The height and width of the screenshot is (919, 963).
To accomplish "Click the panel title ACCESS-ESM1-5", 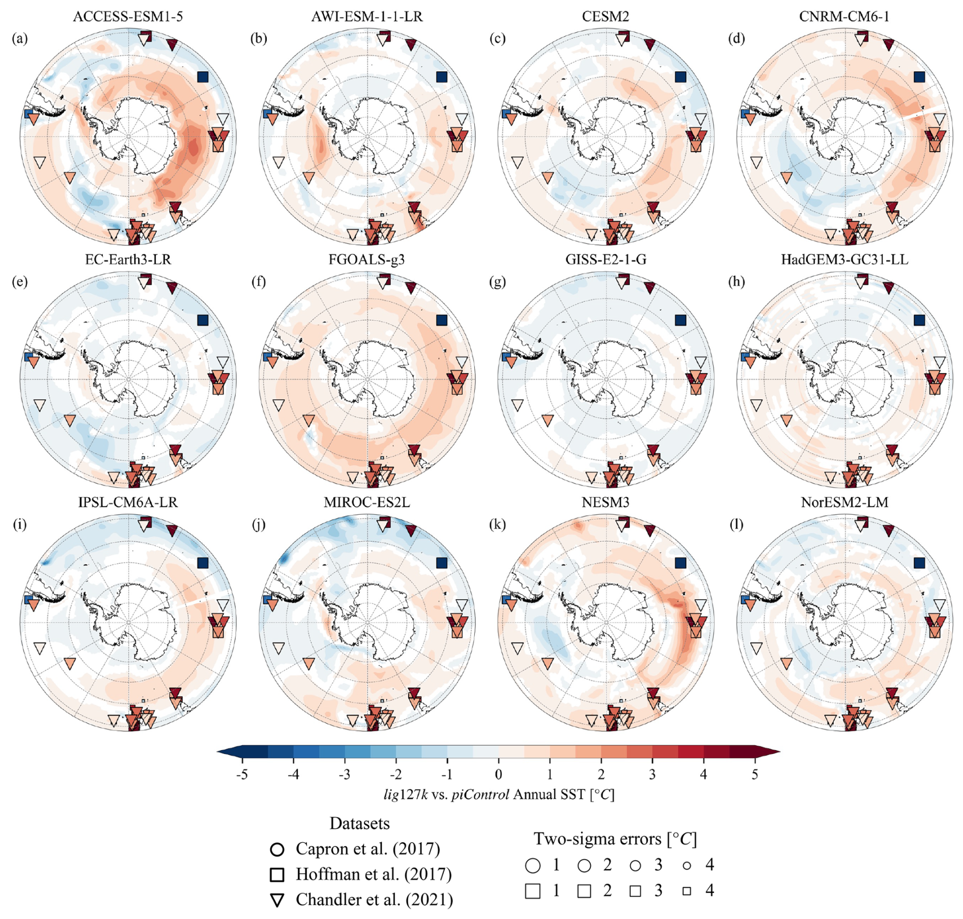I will [x=128, y=16].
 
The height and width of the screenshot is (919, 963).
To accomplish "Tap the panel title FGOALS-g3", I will [x=366, y=260].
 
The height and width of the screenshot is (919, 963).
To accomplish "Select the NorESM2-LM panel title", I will [x=844, y=503].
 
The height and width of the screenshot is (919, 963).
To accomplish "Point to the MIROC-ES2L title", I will [x=366, y=503].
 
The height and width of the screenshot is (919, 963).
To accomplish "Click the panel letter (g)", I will [x=498, y=282].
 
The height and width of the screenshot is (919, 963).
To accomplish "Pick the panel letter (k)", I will [x=498, y=524].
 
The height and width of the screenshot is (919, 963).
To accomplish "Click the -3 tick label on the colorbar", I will [x=344, y=774].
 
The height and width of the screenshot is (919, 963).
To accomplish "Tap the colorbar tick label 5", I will [x=754, y=774].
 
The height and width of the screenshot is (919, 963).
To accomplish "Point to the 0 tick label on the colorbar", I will [x=498, y=774].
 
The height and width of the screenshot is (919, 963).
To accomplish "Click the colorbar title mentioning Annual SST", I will [x=499, y=795].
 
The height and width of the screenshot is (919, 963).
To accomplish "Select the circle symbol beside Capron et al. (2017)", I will [x=277, y=849].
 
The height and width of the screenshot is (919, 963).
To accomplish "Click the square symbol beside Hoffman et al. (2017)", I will [x=277, y=875].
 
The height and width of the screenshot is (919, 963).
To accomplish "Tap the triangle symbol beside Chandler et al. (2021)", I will [x=277, y=900].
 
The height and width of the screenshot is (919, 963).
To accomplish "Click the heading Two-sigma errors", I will [x=615, y=839].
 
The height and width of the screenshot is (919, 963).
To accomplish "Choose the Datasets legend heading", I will [x=359, y=823].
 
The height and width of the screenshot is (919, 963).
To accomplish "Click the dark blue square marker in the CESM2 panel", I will [x=681, y=77].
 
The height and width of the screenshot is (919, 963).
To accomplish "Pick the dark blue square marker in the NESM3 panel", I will [x=681, y=563].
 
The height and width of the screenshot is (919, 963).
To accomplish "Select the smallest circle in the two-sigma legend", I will [x=687, y=865].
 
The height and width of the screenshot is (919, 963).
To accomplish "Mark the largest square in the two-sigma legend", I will [x=532, y=891].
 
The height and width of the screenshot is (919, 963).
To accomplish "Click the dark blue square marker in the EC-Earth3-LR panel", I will [x=203, y=320].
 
